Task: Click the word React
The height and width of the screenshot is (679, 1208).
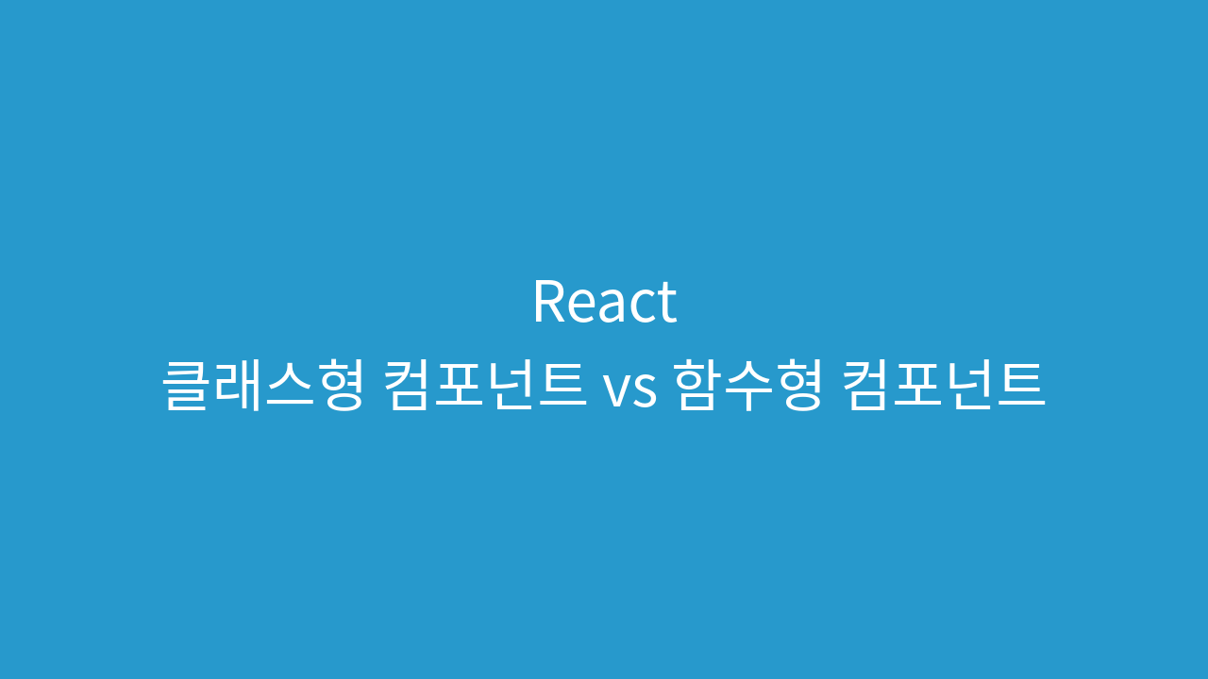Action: [x=605, y=301]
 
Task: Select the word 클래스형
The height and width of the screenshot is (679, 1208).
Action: [x=263, y=386]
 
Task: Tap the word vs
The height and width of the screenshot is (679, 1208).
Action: [x=629, y=389]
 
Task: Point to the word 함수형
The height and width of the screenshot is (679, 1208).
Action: [x=749, y=386]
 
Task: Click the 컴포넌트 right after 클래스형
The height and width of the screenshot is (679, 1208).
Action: [x=485, y=386]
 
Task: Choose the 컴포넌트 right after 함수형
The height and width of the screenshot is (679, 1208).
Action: [x=944, y=386]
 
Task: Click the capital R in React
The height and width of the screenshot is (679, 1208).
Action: [x=549, y=302]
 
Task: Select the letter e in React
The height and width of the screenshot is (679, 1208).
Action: [x=581, y=308]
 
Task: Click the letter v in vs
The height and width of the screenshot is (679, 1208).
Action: [x=616, y=390]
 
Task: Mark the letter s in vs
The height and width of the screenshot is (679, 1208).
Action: [x=645, y=390]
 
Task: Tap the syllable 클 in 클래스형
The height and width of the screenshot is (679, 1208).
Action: [x=185, y=386]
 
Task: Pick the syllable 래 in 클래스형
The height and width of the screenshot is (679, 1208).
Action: [x=236, y=386]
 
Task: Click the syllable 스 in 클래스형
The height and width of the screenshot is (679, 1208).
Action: [x=289, y=386]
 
